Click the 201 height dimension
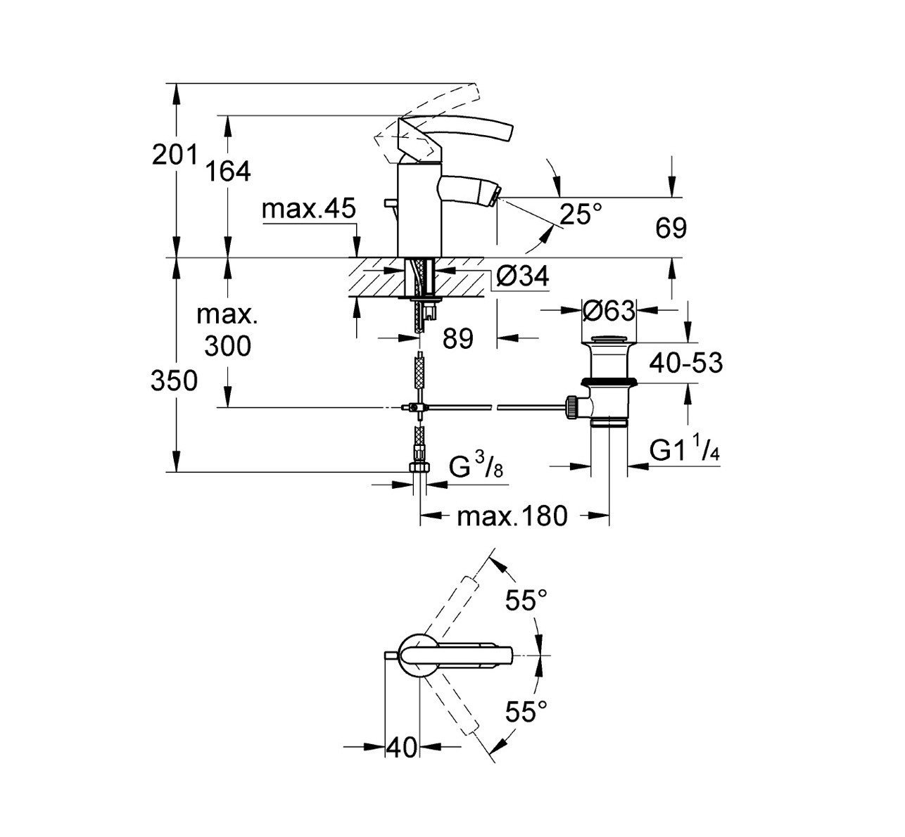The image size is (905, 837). coord(175,155)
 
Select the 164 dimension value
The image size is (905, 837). coord(228,171)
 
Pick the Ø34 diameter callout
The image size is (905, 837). coord(521,276)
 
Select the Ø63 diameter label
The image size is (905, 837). coord(609,310)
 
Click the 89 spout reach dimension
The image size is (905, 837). coord(458,339)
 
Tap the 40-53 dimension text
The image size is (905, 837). coord(685,363)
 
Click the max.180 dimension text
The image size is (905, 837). coord(512,517)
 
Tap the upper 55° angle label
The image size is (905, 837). coord(526,601)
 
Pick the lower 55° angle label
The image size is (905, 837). coord(526,713)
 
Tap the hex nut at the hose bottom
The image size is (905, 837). coord(419,470)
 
